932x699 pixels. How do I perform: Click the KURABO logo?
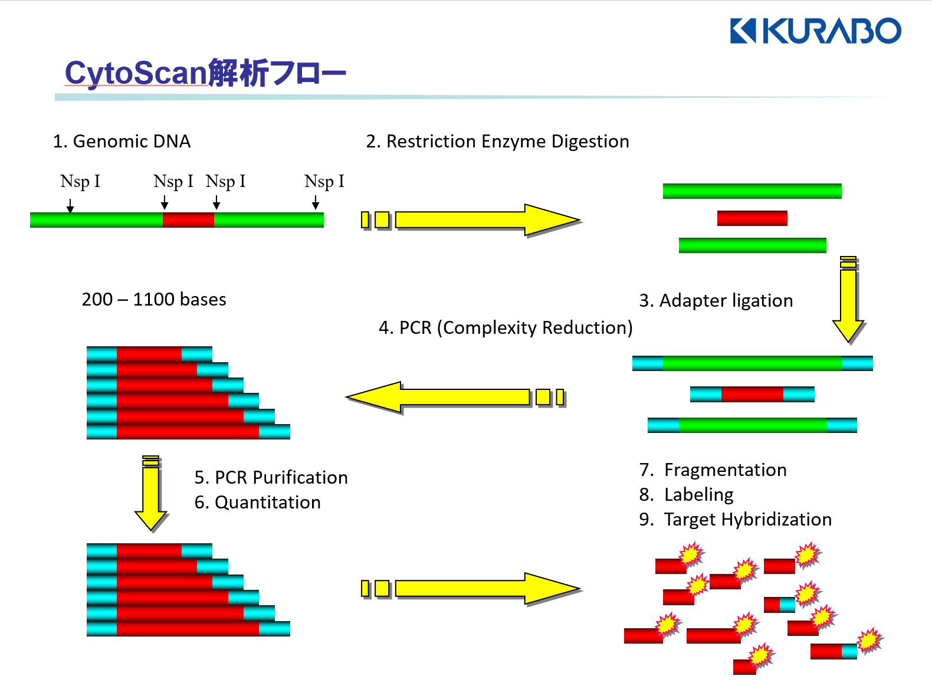815,31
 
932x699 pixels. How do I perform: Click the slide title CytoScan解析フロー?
205,74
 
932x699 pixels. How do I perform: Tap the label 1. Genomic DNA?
122,142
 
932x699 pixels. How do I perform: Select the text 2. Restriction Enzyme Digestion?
497,142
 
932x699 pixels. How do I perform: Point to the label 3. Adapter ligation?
716,301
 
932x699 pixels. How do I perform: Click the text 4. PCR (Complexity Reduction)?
506,328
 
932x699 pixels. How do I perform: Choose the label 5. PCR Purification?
271,478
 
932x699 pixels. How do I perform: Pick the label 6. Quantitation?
257,503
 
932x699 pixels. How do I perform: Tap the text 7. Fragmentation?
713,470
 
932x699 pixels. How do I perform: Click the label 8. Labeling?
686,495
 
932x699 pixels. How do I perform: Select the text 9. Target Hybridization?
735,520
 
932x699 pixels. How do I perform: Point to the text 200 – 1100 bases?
154,300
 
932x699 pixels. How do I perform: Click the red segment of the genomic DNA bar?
188,220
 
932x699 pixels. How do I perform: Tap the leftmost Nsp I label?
80,182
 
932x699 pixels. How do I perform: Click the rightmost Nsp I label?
324,182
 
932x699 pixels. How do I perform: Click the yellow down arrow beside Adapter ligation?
848,301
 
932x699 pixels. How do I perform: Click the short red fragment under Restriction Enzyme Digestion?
752,218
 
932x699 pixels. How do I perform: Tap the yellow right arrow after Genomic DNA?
472,220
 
